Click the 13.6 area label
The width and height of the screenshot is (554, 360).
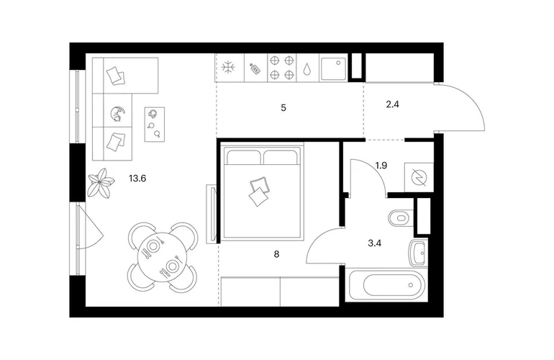(x=137, y=179)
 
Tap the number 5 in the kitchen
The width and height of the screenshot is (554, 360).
(x=283, y=108)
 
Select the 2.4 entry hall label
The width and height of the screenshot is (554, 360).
(x=393, y=104)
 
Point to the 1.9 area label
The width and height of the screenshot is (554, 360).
(x=381, y=166)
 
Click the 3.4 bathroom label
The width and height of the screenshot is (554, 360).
(x=375, y=243)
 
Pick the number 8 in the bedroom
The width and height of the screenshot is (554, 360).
(x=276, y=254)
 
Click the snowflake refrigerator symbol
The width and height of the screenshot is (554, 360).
(x=229, y=68)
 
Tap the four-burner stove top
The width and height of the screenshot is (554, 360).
(x=282, y=68)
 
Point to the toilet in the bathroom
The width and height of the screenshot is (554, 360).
(x=401, y=217)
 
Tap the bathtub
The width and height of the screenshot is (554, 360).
(x=387, y=285)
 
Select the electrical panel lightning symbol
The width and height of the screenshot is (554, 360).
(x=419, y=177)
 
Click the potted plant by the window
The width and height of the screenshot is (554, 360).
(x=101, y=183)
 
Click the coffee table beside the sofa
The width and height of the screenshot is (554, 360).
(x=155, y=124)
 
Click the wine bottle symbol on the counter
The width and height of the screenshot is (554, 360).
(x=255, y=68)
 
